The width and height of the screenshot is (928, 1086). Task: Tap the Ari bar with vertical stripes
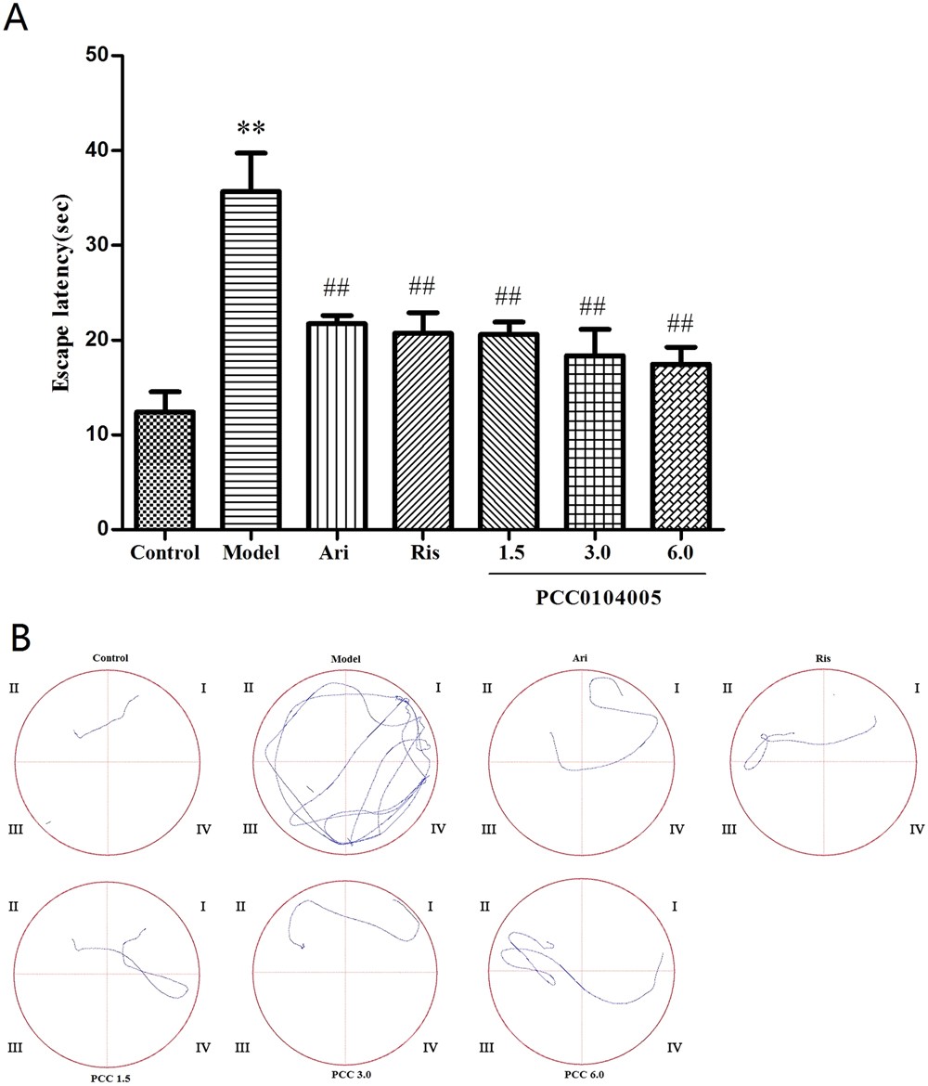[x=336, y=426]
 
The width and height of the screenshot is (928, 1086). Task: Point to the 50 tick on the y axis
[x=97, y=56]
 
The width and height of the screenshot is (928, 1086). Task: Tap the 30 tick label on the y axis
[x=97, y=245]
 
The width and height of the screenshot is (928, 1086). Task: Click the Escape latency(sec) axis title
[x=61, y=293]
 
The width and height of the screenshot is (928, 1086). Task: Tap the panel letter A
[x=17, y=19]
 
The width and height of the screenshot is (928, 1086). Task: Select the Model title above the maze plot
[x=344, y=659]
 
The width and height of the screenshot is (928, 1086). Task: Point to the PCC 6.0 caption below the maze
[x=582, y=1074]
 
